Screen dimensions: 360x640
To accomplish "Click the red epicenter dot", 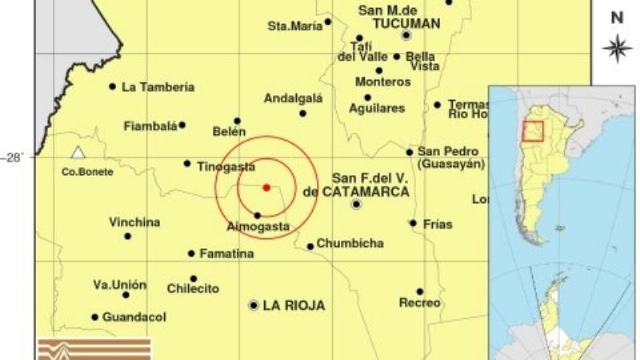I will [266, 187].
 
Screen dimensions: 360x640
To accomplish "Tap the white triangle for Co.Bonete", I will [78, 152].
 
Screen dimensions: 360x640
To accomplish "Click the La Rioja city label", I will [294, 305].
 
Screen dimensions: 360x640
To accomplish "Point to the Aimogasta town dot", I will [257, 215].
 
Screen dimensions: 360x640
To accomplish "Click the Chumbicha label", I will [350, 243].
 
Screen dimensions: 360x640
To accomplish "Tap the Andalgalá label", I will [293, 98].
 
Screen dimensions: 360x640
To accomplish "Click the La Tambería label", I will [158, 87].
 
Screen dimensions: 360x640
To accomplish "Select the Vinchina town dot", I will [127, 235].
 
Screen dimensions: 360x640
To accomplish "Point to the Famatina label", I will [226, 254].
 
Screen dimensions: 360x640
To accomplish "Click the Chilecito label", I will [193, 288].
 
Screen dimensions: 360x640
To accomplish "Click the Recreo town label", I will [419, 303].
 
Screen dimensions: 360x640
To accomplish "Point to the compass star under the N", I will [617, 48].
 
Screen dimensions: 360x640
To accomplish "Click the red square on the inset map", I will [533, 130].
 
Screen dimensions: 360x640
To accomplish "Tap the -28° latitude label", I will [15, 158].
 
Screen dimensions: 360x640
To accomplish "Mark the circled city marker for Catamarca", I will [357, 205].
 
